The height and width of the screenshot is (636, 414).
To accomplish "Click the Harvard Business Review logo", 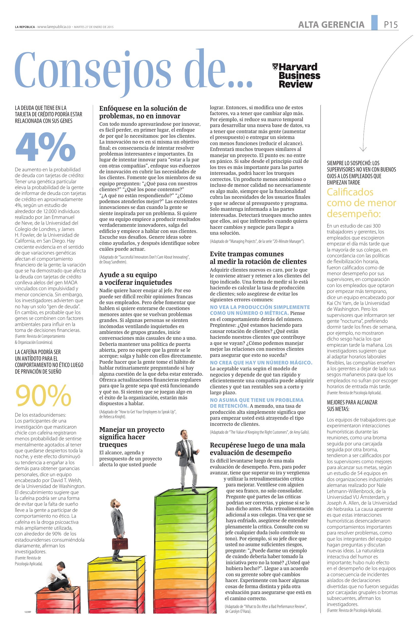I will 296,75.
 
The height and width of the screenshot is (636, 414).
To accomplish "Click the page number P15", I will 391,25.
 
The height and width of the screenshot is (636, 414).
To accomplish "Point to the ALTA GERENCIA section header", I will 331,25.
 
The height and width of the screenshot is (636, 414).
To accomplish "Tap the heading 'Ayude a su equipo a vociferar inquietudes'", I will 135,278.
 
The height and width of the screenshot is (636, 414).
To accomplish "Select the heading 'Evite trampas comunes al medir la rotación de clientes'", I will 258,258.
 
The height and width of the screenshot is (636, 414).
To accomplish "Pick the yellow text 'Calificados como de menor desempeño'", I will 361,203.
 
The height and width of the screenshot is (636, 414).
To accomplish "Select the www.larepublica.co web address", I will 54,27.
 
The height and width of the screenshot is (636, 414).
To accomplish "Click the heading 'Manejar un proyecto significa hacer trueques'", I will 132,437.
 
